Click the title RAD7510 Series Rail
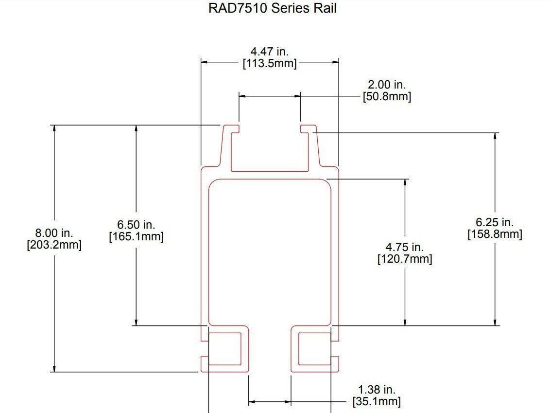pyautogui.click(x=272, y=8)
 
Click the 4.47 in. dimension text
pyautogui.click(x=269, y=52)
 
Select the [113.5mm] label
pyautogui.click(x=270, y=63)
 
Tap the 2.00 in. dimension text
pyautogui.click(x=387, y=85)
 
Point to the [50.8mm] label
pyautogui.click(x=387, y=96)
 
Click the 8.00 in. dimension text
pyautogui.click(x=54, y=233)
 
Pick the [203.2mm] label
pyautogui.click(x=54, y=244)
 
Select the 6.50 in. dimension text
pyautogui.click(x=136, y=225)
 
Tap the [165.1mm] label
pyautogui.click(x=136, y=236)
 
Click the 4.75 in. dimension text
pyautogui.click(x=405, y=247)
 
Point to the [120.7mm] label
pyautogui.click(x=405, y=259)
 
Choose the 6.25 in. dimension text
pyautogui.click(x=495, y=222)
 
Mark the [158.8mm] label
pyautogui.click(x=495, y=234)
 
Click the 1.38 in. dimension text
pyautogui.click(x=377, y=390)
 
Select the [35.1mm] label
pyautogui.click(x=377, y=401)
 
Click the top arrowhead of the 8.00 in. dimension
pyautogui.click(x=54, y=128)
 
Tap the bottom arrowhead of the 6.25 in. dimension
pyautogui.click(x=495, y=322)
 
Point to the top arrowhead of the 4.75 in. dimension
pyautogui.click(x=405, y=182)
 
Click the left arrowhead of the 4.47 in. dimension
pyautogui.click(x=205, y=62)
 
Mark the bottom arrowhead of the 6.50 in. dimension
pyautogui.click(x=136, y=322)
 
